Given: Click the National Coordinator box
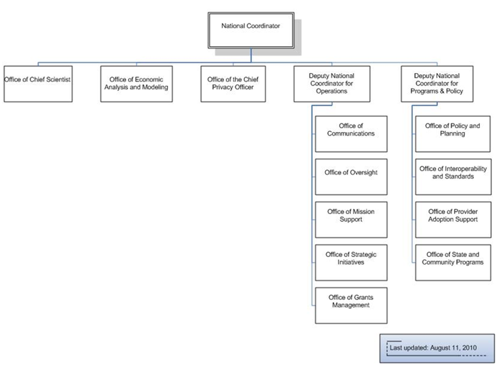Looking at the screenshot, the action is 251,31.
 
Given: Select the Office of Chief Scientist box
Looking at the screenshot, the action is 38,84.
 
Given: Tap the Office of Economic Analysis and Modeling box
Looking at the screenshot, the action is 137,84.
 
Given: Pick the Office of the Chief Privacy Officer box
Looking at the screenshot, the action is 233,84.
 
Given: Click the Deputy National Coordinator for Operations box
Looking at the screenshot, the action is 332,84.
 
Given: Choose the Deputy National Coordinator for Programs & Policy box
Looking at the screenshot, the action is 437,84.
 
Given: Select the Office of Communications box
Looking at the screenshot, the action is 351,134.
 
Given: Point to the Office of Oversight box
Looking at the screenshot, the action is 351,177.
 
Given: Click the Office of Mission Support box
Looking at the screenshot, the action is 351,220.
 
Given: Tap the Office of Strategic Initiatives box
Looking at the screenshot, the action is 351,263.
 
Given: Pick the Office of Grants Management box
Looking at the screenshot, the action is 351,305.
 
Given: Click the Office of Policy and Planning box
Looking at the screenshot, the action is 453,134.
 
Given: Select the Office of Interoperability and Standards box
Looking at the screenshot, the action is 453,177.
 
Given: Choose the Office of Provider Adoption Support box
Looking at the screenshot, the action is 453,220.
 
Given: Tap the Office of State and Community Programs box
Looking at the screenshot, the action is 453,263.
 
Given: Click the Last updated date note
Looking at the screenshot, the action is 437,348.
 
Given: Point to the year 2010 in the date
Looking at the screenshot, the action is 469,348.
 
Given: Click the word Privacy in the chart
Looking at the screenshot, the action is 222,87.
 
